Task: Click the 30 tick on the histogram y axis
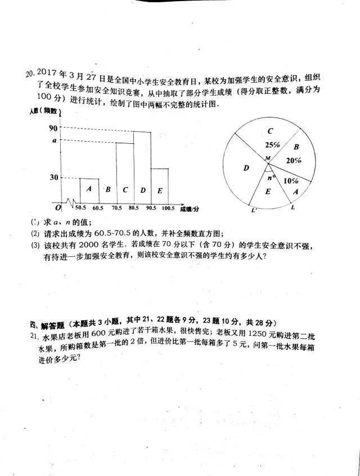point(54,178)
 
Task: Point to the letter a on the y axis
point(55,140)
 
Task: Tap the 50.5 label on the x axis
point(80,208)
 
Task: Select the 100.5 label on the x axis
point(168,208)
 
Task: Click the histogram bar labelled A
point(89,189)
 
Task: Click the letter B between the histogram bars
point(108,190)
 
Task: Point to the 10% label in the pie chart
point(291,180)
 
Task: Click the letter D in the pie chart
point(246,167)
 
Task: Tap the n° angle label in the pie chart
point(272,178)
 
